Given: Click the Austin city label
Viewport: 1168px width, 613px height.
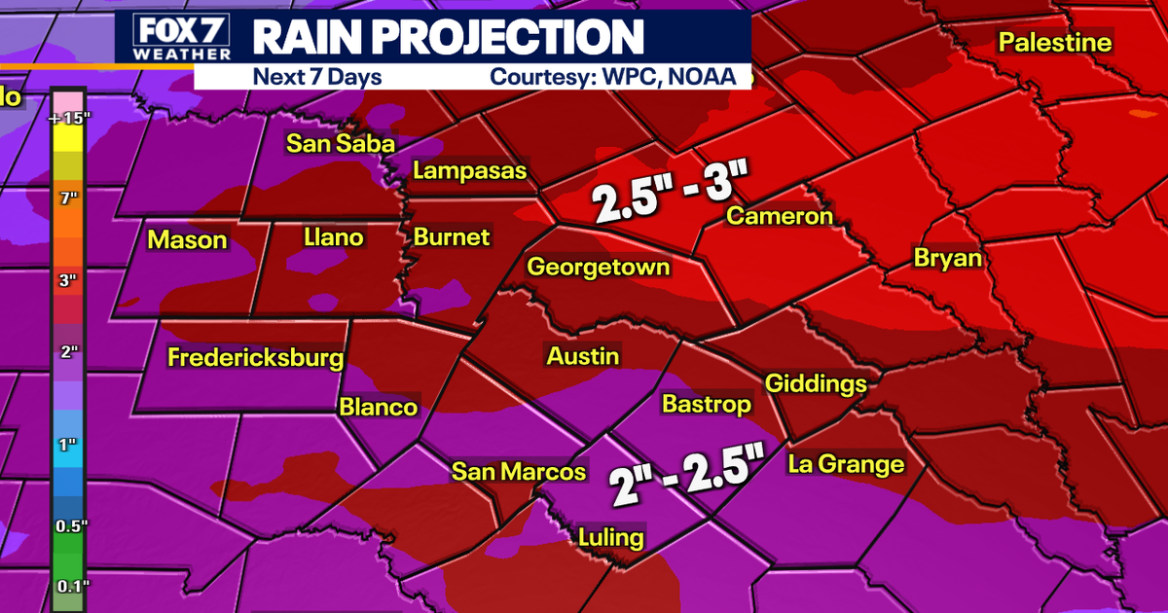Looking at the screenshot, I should [x=582, y=356].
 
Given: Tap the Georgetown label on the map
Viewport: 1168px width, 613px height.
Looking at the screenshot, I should [x=598, y=267].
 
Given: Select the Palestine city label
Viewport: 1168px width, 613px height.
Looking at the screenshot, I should [x=1055, y=43].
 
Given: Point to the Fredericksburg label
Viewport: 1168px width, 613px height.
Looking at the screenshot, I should [x=255, y=357].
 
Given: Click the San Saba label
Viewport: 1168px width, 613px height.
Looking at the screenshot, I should [x=340, y=143].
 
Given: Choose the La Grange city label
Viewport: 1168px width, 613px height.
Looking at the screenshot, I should [x=846, y=464].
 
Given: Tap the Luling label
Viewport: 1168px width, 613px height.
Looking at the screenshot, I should [x=610, y=537].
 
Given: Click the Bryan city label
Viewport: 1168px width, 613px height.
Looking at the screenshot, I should [x=947, y=259].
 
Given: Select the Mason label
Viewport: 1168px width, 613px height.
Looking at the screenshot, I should [x=187, y=240].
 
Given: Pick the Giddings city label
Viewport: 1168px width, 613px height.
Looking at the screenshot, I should [x=816, y=383].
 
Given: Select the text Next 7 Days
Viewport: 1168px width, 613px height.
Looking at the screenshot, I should [x=317, y=77].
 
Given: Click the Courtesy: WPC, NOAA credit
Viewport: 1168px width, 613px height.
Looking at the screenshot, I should [x=610, y=77].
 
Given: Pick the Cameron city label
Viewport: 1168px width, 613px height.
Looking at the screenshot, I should [x=780, y=216].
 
